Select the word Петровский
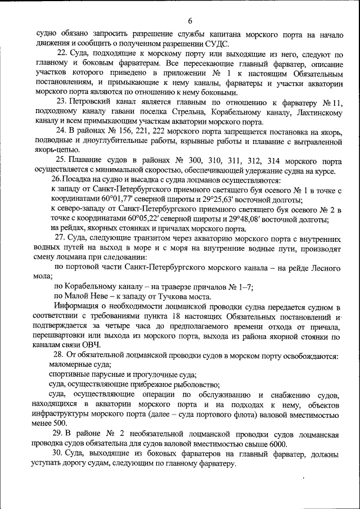[x=93, y=102]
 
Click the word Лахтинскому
[x=314, y=112]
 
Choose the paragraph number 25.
[x=61, y=161]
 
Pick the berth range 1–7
[x=244, y=287]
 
